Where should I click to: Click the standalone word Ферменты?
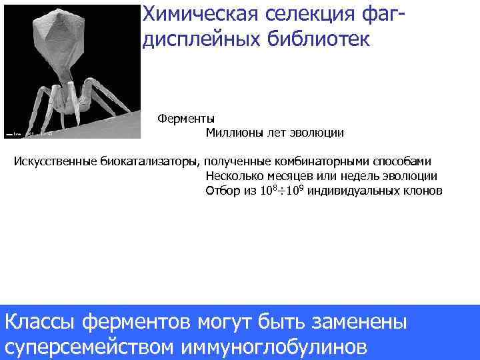pyautogui.click(x=181, y=119)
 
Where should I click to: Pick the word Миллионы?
pyautogui.click(x=234, y=133)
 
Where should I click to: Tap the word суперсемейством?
pyautogui.click(x=89, y=347)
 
